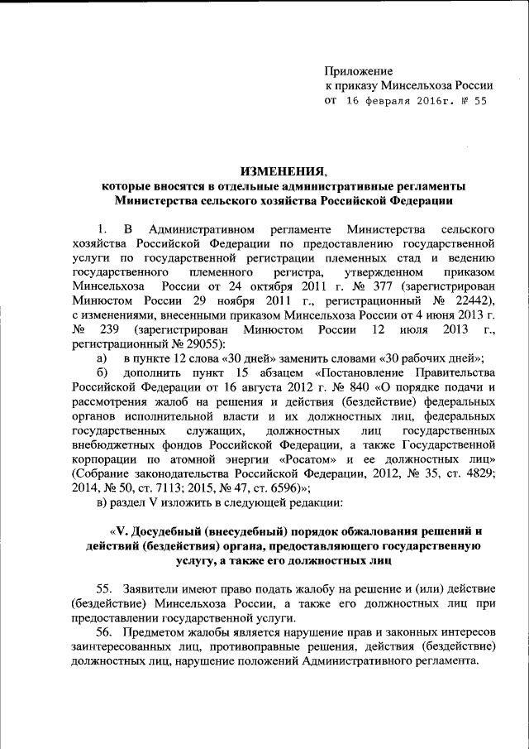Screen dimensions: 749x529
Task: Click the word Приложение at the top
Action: (x=359, y=72)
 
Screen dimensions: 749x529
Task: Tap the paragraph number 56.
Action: (x=105, y=633)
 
